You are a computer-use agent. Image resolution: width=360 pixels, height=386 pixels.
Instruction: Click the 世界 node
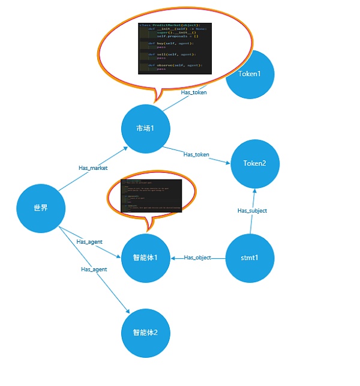41,209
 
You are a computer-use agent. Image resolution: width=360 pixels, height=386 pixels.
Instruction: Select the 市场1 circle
146,128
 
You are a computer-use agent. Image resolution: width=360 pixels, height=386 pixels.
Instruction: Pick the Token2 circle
254,163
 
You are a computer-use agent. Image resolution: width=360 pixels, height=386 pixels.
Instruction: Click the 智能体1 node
146,258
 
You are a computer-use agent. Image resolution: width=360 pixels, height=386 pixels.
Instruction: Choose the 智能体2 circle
146,332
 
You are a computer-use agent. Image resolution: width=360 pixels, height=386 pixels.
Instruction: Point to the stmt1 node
250,258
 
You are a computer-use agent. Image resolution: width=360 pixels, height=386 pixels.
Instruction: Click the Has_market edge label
93,168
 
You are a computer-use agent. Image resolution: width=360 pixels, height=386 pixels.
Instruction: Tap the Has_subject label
252,211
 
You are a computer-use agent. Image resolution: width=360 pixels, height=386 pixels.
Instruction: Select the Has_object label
197,258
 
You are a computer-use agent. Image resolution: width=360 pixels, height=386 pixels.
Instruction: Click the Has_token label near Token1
194,92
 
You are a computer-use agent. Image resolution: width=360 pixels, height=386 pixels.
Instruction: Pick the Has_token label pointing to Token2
196,155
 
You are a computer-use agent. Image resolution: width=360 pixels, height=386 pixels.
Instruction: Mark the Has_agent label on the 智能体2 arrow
94,270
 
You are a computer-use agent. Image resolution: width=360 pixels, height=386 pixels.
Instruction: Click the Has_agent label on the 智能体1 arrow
89,242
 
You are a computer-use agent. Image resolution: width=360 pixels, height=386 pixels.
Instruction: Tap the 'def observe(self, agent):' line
167,65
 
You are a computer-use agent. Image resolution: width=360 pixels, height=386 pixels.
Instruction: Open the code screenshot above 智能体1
151,195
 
